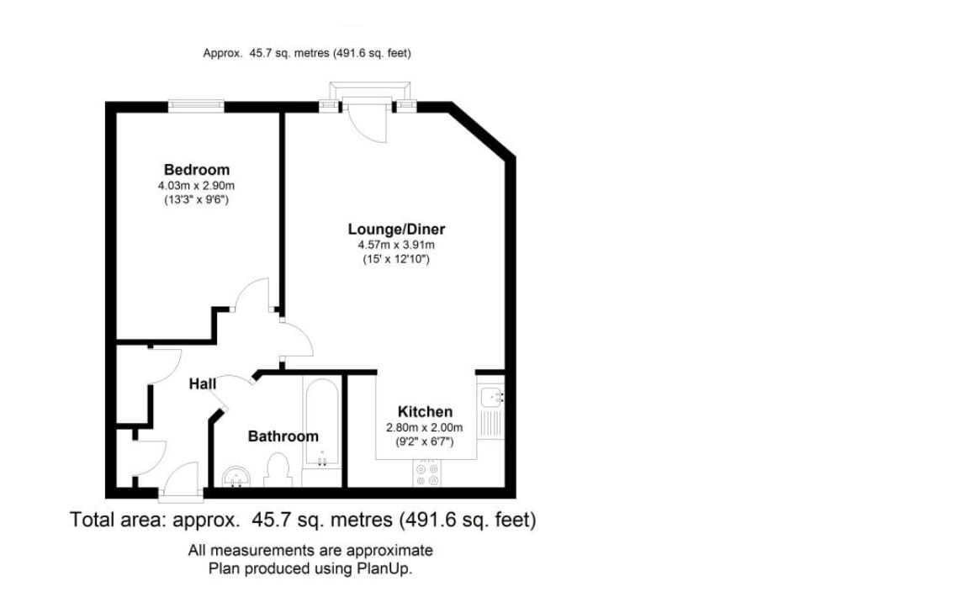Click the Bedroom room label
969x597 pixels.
pos(196,170)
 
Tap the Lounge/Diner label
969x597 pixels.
pos(396,230)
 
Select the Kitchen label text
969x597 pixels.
pos(425,412)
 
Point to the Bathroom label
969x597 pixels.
pos(283,436)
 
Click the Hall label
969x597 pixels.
pos(202,384)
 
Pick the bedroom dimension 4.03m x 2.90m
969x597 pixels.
pos(196,185)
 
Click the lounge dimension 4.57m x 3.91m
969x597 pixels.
pos(396,245)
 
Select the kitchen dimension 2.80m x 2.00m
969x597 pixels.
pos(425,427)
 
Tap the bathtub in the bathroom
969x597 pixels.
pos(322,425)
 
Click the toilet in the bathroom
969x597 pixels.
pos(277,470)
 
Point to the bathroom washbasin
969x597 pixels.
pos(237,477)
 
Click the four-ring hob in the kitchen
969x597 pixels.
pos(426,473)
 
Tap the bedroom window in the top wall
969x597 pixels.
pos(196,106)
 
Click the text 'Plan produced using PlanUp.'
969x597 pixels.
pos(310,568)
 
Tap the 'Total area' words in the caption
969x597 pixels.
pos(119,520)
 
